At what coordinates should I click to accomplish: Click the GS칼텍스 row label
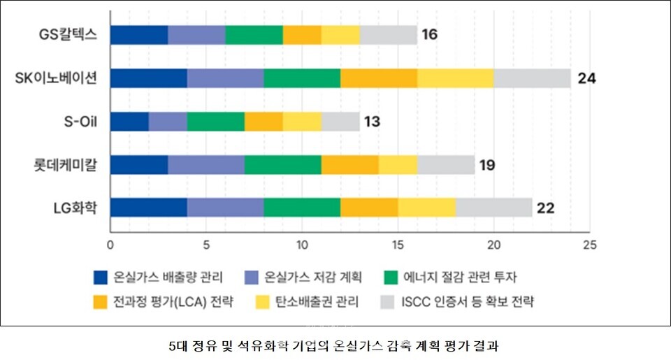pyautogui.click(x=68, y=34)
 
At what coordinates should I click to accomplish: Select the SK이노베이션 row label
pyautogui.click(x=57, y=78)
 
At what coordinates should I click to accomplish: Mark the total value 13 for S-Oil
pyautogui.click(x=371, y=122)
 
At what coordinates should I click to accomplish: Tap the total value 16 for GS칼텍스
pyautogui.click(x=429, y=34)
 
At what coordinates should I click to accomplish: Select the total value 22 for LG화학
pyautogui.click(x=544, y=208)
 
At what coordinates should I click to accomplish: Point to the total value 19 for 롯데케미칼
pyautogui.click(x=486, y=165)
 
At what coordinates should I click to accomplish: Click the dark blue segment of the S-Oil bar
pyautogui.click(x=129, y=122)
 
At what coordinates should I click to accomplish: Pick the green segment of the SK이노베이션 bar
pyautogui.click(x=302, y=78)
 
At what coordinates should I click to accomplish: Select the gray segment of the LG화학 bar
pyautogui.click(x=493, y=208)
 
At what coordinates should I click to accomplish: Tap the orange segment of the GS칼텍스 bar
pyautogui.click(x=302, y=34)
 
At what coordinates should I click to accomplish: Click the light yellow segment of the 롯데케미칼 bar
pyautogui.click(x=398, y=165)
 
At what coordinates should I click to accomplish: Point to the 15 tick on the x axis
pyautogui.click(x=398, y=245)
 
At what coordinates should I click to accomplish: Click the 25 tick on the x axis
pyautogui.click(x=589, y=245)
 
